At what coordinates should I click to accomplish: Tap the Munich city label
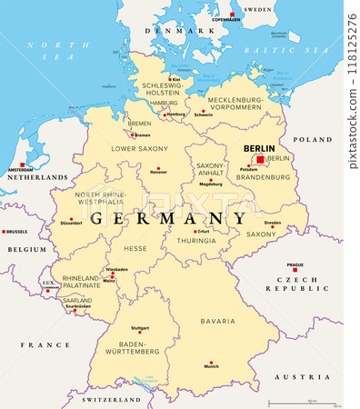point(211,365)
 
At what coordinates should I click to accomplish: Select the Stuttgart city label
point(139,327)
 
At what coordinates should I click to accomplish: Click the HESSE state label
point(135,248)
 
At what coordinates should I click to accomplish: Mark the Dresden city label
point(273,223)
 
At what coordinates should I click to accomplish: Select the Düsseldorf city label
point(71,222)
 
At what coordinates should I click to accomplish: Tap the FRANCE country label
point(46,345)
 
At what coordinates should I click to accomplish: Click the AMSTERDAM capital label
point(20,170)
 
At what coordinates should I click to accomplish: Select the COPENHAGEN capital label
point(226,19)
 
